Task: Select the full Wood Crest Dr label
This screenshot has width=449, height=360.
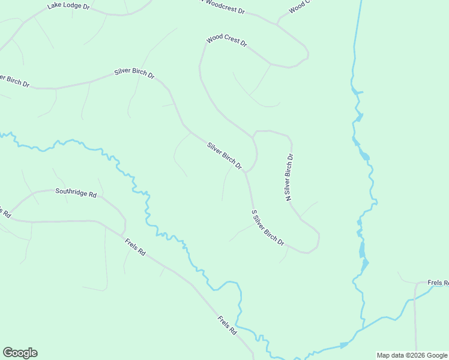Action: pyautogui.click(x=226, y=41)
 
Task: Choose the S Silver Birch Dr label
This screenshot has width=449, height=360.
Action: pyautogui.click(x=267, y=228)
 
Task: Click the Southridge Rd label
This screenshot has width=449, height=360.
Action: pyautogui.click(x=76, y=193)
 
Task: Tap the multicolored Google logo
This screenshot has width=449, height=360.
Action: pyautogui.click(x=20, y=353)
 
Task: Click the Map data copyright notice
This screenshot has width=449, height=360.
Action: pyautogui.click(x=411, y=355)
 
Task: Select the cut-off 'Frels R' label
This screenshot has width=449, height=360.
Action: pyautogui.click(x=438, y=282)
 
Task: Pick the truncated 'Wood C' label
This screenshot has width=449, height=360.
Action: pyautogui.click(x=299, y=7)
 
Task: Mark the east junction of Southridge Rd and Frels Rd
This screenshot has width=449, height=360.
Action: pyautogui.click(x=124, y=235)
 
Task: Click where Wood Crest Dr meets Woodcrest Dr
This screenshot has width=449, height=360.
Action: pyautogui.click(x=277, y=25)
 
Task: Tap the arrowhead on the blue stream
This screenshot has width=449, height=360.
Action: pyautogui.click(x=345, y=345)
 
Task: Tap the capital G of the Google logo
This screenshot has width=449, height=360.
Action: pyautogui.click(x=8, y=353)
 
